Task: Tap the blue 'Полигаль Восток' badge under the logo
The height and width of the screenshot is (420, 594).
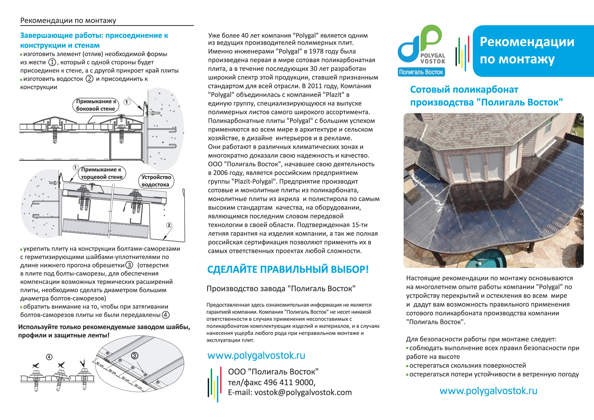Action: tap(421, 72)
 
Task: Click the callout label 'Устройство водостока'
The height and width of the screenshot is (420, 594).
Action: tap(156, 181)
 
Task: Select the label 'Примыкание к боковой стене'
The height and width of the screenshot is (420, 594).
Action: tap(96, 105)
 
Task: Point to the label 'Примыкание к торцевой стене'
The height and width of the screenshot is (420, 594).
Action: tap(102, 173)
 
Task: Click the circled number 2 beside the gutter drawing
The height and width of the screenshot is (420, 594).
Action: tap(169, 225)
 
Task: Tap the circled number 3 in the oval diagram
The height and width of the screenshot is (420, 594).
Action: tap(134, 356)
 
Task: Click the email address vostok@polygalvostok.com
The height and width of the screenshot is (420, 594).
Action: tap(303, 392)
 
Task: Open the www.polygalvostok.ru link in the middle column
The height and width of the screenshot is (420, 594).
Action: tap(256, 356)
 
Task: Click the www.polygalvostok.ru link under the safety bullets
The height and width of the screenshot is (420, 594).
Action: tap(488, 391)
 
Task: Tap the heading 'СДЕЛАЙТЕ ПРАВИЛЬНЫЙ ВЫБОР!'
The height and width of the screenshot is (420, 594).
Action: tap(288, 269)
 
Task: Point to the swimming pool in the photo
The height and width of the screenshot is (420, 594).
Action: tap(486, 262)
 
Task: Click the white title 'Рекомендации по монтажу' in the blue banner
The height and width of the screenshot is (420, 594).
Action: tap(527, 51)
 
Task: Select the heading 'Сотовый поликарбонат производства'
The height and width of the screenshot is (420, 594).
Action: tap(486, 96)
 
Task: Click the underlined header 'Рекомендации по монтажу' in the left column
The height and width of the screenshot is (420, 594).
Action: tap(68, 21)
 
